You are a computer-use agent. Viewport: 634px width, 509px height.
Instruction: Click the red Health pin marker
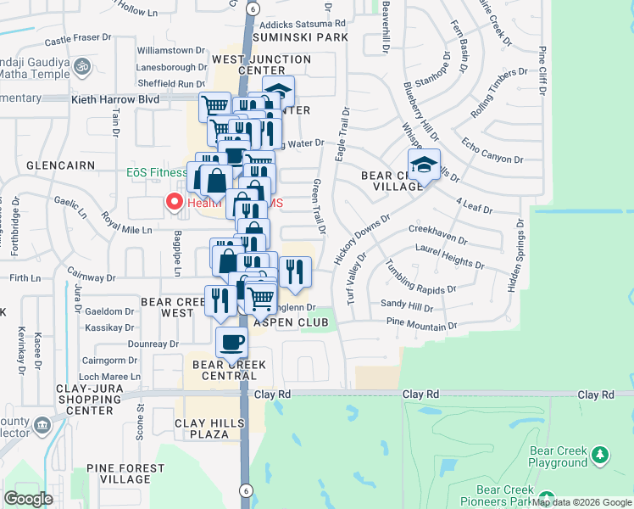tap(175, 202)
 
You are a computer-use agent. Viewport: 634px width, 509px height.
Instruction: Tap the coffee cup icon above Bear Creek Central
tap(231, 343)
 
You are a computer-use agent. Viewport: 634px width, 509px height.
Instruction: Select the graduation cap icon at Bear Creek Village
tap(424, 163)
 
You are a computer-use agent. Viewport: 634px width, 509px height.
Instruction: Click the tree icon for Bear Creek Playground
tap(600, 456)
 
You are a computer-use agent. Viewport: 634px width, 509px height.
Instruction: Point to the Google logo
tap(29, 498)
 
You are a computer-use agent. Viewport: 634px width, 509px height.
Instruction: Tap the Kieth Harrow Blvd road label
tap(114, 99)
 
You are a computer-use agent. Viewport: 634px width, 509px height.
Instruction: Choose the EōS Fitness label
tap(157, 172)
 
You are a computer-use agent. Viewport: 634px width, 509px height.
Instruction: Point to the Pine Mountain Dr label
tap(421, 324)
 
